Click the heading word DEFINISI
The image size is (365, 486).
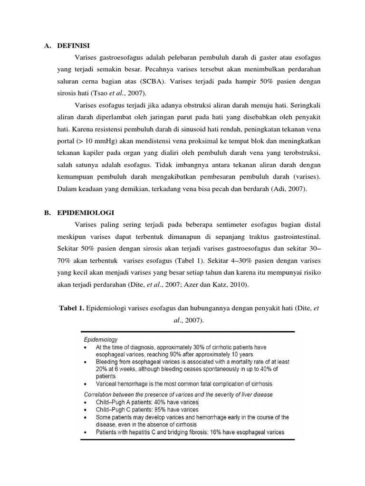click(x=74, y=46)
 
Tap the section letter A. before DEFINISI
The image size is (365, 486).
click(x=48, y=46)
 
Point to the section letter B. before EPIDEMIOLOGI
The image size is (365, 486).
click(x=48, y=212)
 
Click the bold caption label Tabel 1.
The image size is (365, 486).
click(x=71, y=309)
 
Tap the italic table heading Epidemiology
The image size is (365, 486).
click(x=101, y=340)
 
